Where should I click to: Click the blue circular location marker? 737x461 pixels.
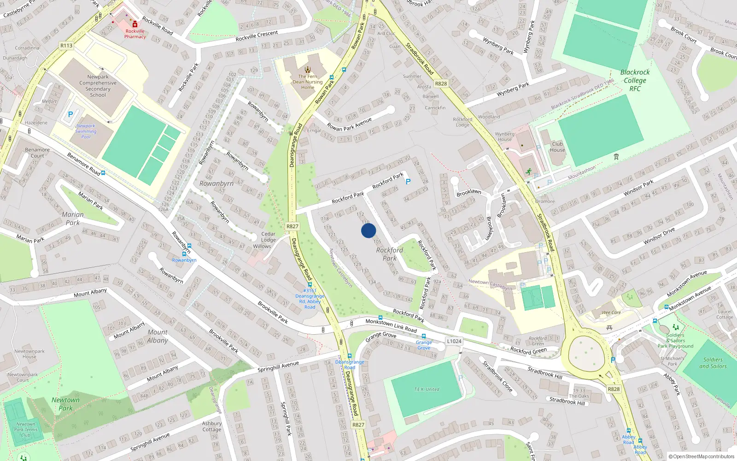click(368, 230)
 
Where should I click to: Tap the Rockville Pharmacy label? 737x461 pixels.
click(135, 34)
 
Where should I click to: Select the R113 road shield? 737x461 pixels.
click(66, 46)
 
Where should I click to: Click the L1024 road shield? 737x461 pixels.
click(454, 341)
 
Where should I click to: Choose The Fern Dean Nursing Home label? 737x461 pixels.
click(308, 82)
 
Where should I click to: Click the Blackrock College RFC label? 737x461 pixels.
click(635, 80)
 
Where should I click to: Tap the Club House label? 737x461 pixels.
click(557, 147)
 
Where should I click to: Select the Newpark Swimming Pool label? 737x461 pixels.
click(86, 131)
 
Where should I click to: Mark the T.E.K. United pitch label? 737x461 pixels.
click(427, 390)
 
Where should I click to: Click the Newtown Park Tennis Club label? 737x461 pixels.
click(26, 430)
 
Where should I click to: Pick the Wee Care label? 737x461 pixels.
click(611, 313)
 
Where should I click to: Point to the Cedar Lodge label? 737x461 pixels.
click(269, 237)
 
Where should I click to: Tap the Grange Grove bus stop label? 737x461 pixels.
click(424, 345)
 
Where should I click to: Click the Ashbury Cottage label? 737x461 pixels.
click(212, 426)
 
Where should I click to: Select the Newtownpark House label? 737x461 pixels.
click(29, 354)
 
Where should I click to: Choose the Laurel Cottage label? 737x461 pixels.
click(725, 314)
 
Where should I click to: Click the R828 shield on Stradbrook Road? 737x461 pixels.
click(441, 83)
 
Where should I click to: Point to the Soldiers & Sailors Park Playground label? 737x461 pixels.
click(675, 341)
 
